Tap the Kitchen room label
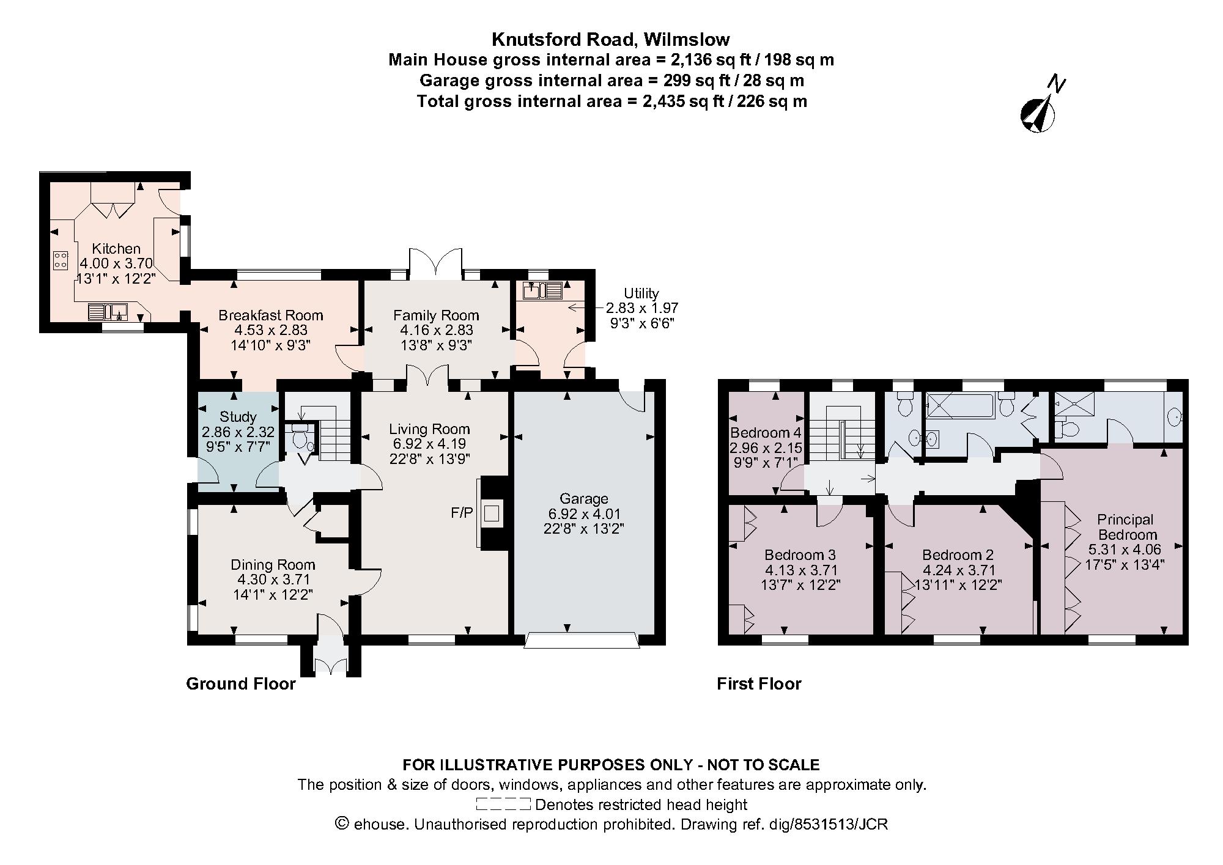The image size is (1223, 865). (116, 249)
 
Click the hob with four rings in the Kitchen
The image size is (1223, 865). (61, 260)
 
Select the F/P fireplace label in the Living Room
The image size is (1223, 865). (462, 513)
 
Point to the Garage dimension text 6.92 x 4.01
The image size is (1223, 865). (583, 513)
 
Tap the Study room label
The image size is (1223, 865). (238, 417)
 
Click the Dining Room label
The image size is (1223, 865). (273, 565)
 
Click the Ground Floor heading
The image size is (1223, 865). (241, 684)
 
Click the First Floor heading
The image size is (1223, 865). (759, 684)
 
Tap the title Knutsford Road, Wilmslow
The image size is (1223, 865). (611, 40)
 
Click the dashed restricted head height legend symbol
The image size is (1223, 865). (503, 804)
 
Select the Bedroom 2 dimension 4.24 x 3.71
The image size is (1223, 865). (958, 570)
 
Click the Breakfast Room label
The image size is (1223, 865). (271, 315)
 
